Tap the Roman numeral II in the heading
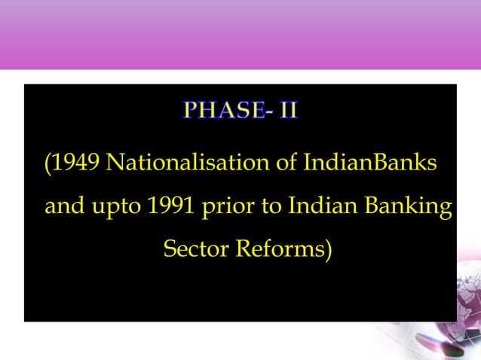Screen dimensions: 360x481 pyautogui.click(x=288, y=111)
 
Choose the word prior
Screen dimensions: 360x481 pyautogui.click(x=227, y=207)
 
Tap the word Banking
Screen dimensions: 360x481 pyautogui.click(x=408, y=207)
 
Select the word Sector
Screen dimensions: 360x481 pyautogui.click(x=196, y=249)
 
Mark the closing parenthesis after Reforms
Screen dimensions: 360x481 pyautogui.click(x=328, y=249)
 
